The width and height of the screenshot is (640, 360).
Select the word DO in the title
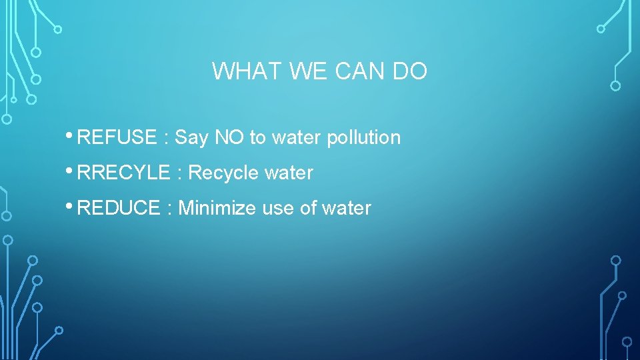(409, 71)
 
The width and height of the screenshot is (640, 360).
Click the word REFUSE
(117, 137)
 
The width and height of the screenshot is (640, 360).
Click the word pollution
(363, 137)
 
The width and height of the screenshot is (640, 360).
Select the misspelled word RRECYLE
(124, 173)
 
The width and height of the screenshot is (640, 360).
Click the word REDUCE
(119, 208)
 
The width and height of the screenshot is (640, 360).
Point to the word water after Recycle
(289, 173)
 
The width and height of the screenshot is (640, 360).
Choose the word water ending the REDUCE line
(346, 208)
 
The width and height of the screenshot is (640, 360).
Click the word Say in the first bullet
(192, 137)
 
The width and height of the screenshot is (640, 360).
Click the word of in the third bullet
(308, 208)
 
